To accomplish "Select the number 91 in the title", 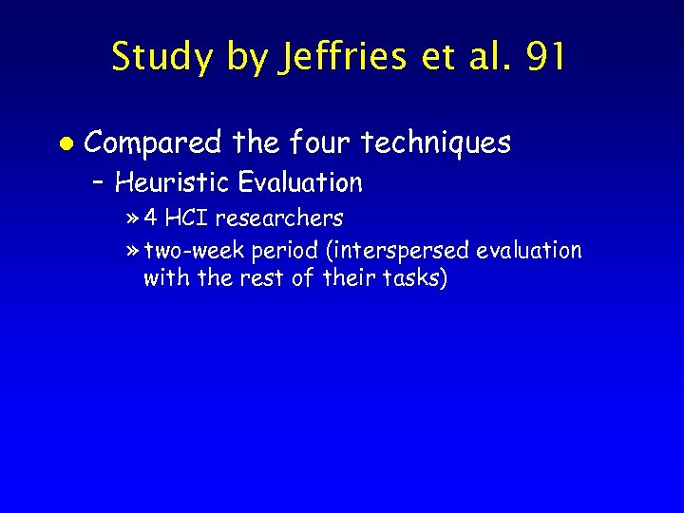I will point(545,58).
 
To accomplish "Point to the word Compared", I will point(156,142).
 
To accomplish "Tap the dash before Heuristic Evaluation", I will point(102,181).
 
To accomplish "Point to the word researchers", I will point(279,218).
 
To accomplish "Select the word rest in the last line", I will point(270,279).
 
